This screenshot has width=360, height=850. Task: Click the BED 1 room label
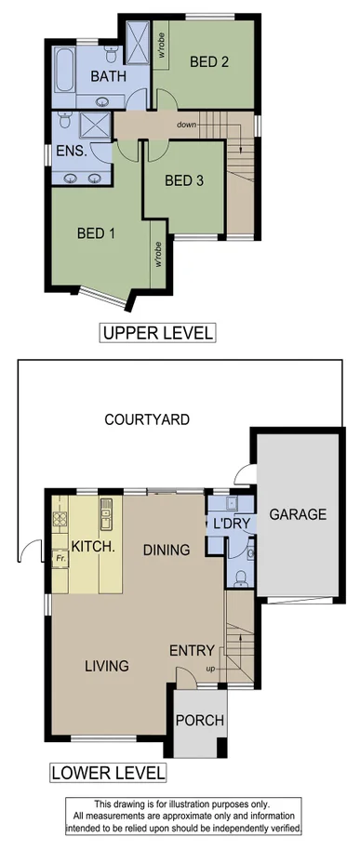pos(96,233)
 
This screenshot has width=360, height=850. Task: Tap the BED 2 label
pos(209,62)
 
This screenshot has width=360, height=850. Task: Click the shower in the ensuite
pos(95,126)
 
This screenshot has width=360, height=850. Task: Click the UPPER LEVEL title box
pos(158,333)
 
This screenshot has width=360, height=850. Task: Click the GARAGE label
pos(298,514)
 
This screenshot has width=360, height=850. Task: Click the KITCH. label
pos(93,549)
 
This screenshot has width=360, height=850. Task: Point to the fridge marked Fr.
pos(61,557)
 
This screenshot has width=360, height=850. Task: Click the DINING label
pos(167,550)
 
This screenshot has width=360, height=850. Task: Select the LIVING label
pos(107,665)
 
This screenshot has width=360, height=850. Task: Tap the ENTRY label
pos(193,650)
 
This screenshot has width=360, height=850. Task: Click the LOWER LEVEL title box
pos(109,773)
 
